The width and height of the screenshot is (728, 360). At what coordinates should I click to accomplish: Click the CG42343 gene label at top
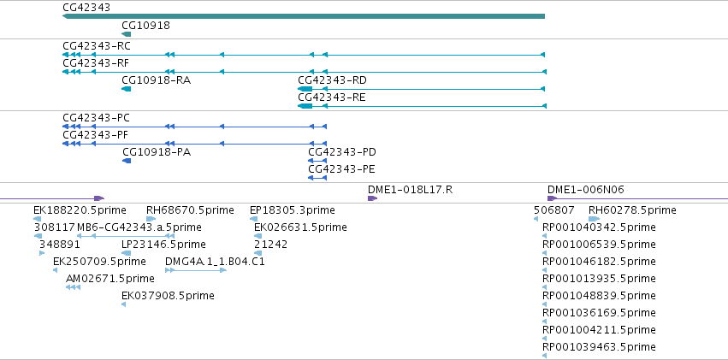click(x=86, y=8)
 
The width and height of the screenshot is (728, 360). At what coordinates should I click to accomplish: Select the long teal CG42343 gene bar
click(x=304, y=16)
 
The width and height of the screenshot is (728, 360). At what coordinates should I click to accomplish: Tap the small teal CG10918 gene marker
click(x=127, y=34)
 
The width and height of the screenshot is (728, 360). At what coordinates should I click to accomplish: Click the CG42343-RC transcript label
click(x=97, y=46)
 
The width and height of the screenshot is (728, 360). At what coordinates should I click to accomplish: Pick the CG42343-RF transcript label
click(x=96, y=63)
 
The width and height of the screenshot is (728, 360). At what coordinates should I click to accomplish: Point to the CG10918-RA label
click(x=156, y=80)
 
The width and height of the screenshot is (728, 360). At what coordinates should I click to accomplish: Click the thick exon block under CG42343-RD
click(x=305, y=89)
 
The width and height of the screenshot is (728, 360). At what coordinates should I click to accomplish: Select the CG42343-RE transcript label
click(x=332, y=97)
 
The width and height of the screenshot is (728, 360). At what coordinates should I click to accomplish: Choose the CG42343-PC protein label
click(x=96, y=118)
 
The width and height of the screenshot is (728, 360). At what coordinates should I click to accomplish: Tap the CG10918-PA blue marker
click(x=127, y=161)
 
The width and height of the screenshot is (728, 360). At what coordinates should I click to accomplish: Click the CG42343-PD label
click(x=342, y=152)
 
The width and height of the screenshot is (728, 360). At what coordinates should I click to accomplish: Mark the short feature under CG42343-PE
click(x=317, y=178)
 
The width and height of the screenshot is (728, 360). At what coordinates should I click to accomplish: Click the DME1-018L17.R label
click(x=410, y=189)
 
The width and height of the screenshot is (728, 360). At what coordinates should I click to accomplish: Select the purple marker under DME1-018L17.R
click(x=372, y=198)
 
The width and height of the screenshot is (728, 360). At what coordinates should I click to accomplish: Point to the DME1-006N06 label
click(x=586, y=189)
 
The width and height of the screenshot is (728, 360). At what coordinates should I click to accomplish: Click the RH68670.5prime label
click(x=190, y=210)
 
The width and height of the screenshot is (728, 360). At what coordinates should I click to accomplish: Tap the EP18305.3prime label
click(x=292, y=210)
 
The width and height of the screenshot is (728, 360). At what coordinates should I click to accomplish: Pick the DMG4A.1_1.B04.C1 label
click(x=215, y=261)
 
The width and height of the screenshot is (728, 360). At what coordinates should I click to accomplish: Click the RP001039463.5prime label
click(x=599, y=346)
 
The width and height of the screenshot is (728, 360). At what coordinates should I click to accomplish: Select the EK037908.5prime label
click(x=168, y=296)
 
